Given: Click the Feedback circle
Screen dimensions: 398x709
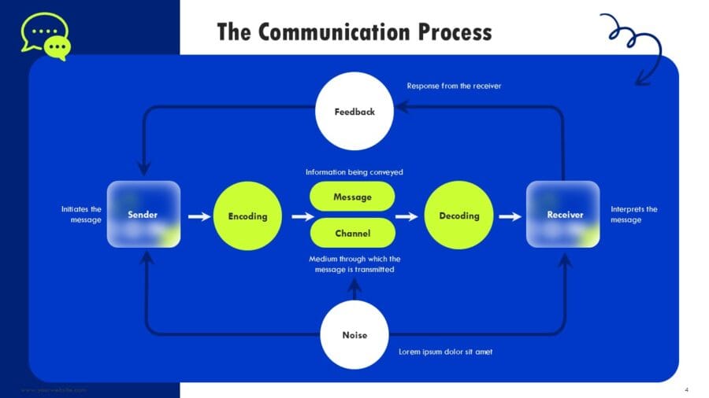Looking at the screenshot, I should (354, 112).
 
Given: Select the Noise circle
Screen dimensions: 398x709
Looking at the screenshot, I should (354, 335).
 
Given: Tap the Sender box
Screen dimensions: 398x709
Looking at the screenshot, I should (143, 215).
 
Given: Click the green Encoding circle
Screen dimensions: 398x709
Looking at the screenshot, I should (247, 216).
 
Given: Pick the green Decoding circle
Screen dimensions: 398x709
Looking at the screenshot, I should (458, 216).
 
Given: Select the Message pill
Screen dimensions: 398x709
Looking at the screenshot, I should (352, 197).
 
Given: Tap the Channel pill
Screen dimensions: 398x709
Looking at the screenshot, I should (352, 233).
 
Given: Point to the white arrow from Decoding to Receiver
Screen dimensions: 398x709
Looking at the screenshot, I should (510, 216).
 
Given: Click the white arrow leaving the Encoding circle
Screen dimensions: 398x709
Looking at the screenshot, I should (301, 216).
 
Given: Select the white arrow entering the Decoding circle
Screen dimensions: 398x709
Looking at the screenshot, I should (406, 216).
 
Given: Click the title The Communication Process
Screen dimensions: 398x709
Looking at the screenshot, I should (354, 31).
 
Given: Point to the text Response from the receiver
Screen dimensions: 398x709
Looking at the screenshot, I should (453, 86).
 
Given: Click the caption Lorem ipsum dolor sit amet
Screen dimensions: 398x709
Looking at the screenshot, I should (446, 352).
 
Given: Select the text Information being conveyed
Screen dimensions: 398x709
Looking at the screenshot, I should (354, 171).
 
